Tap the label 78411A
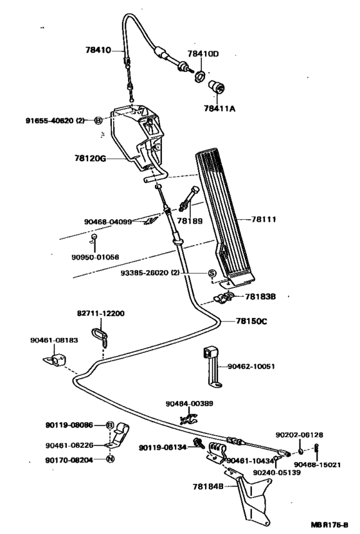[220, 109]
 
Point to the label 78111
[262, 220]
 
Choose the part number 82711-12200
[101, 313]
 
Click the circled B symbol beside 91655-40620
[98, 120]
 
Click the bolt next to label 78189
[191, 197]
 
